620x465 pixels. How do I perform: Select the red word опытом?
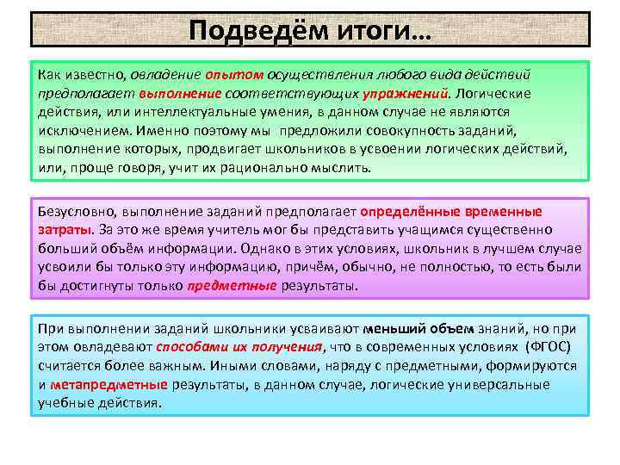(240, 75)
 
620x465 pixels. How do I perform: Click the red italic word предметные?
(232, 286)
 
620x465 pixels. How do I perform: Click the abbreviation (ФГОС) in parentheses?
(551, 347)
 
